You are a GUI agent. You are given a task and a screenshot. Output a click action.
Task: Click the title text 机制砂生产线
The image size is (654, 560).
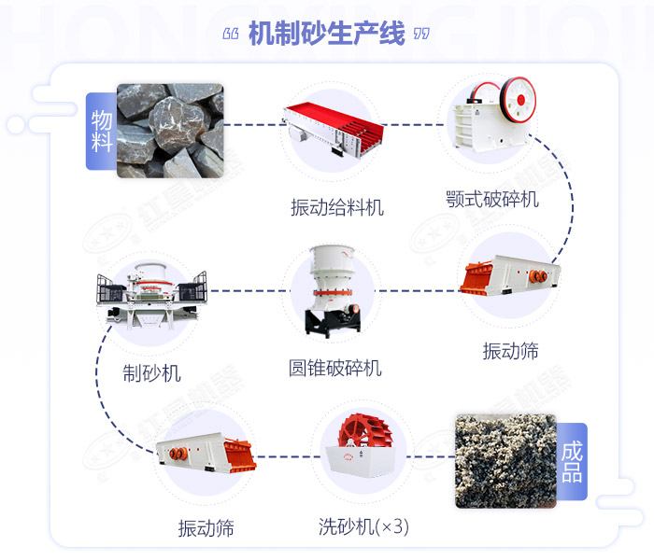pyautogui.click(x=327, y=35)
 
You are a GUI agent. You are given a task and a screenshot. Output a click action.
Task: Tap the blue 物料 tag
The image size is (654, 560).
pyautogui.click(x=101, y=131)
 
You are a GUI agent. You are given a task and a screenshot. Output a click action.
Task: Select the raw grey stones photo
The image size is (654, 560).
pyautogui.click(x=171, y=130)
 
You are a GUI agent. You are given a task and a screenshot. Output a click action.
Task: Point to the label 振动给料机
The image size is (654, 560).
pyautogui.click(x=336, y=206)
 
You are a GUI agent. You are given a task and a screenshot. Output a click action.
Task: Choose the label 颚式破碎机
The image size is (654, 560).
pyautogui.click(x=492, y=199)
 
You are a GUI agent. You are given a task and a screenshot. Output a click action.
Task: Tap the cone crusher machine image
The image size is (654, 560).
pyautogui.click(x=332, y=289)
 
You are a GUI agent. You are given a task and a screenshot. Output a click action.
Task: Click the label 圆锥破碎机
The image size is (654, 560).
pyautogui.click(x=334, y=368)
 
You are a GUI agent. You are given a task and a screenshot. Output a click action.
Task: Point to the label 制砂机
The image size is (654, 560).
pyautogui.click(x=151, y=373)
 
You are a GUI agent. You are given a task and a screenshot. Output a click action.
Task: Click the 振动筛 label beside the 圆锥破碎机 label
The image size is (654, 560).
pyautogui.click(x=510, y=351)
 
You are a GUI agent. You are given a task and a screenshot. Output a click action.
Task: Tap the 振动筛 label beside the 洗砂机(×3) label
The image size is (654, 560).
pyautogui.click(x=206, y=528)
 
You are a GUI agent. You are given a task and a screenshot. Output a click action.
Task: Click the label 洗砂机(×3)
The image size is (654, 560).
pyautogui.click(x=363, y=526)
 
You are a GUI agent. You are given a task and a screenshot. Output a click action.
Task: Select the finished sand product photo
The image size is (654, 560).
pyautogui.click(x=505, y=460)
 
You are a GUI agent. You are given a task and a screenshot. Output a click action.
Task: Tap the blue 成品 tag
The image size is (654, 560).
pyautogui.click(x=572, y=461)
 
